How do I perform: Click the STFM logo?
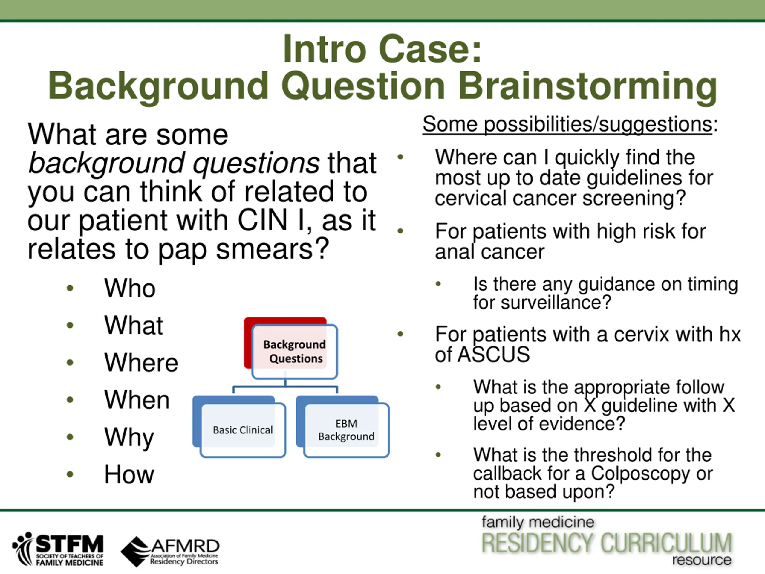(x=58, y=549)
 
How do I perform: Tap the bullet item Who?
(x=130, y=288)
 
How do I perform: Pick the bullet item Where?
(x=141, y=362)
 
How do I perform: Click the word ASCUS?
(x=494, y=354)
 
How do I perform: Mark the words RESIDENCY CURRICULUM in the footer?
(x=607, y=543)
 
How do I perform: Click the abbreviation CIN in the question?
(x=262, y=220)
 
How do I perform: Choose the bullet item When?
(x=137, y=400)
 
